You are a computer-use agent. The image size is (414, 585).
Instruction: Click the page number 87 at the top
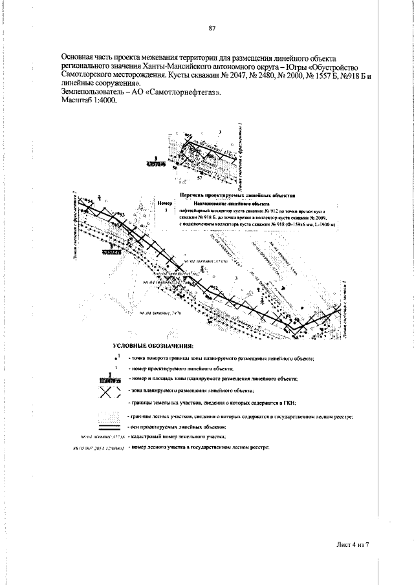[212, 28]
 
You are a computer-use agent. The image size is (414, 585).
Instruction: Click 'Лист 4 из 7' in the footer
[352, 546]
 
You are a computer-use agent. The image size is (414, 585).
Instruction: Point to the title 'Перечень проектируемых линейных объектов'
[237, 193]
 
